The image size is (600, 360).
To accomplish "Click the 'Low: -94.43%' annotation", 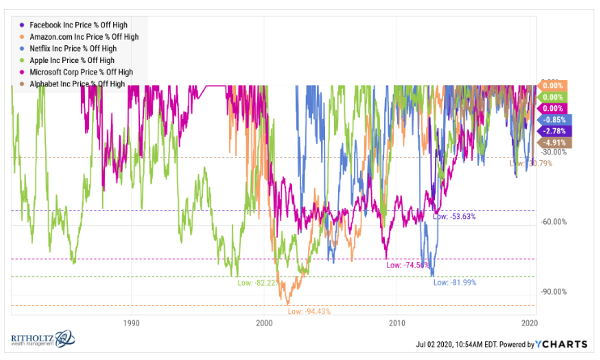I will pyautogui.click(x=308, y=311).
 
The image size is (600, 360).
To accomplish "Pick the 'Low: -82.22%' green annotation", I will pyautogui.click(x=257, y=282).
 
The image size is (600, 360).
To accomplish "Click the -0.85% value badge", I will pyautogui.click(x=553, y=120).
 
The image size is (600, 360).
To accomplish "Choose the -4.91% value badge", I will pyautogui.click(x=553, y=142).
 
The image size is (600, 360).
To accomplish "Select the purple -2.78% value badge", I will pyautogui.click(x=553, y=131).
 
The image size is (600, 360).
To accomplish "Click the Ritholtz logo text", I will pyautogui.click(x=33, y=340).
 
